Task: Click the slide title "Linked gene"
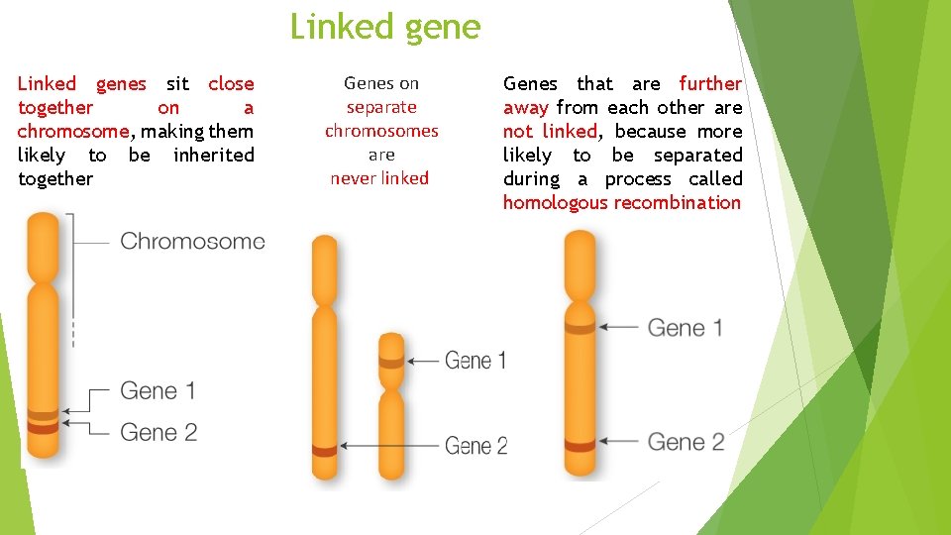(384, 27)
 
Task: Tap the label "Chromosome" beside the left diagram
(192, 241)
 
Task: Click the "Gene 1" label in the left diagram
(158, 390)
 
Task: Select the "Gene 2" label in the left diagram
(158, 432)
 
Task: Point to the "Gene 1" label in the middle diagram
(475, 361)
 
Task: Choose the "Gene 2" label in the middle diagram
(475, 446)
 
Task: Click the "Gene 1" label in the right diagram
(685, 327)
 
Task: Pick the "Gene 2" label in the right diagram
(686, 441)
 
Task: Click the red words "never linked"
(379, 178)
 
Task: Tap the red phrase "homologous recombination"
(621, 203)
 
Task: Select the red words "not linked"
(550, 132)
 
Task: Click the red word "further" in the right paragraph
(709, 84)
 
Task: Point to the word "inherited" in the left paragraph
(213, 156)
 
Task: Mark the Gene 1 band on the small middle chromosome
(392, 362)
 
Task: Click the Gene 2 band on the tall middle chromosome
(325, 451)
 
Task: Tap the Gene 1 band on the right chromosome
(580, 326)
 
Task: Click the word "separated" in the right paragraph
(697, 156)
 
